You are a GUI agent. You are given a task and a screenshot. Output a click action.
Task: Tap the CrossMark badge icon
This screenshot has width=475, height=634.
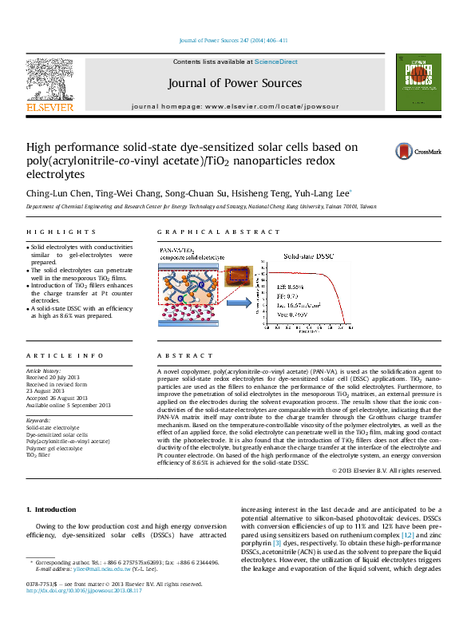point(423,150)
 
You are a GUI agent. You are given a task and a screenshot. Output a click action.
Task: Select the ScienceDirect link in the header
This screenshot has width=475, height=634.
point(276,61)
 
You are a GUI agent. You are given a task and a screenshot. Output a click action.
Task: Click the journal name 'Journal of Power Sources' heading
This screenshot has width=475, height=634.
point(235,83)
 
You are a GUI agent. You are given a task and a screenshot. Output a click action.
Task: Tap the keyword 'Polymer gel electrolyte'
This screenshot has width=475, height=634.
point(54,448)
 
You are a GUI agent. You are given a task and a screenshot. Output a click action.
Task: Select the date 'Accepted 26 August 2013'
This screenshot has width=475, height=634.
point(61,398)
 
